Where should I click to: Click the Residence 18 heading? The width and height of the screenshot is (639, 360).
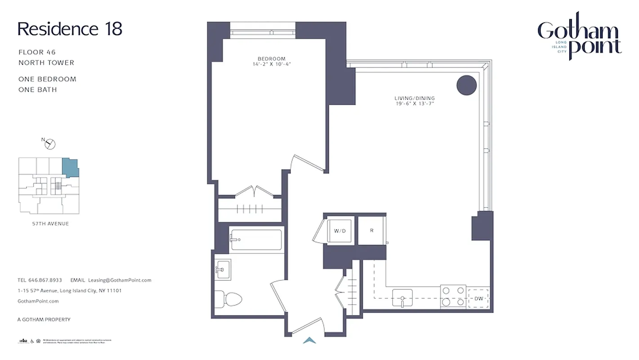(70, 29)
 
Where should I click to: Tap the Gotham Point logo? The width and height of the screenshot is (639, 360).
(579, 36)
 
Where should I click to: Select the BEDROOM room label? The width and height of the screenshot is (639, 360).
(271, 58)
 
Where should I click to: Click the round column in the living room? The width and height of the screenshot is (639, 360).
(466, 85)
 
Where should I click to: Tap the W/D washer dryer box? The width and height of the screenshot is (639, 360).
(340, 231)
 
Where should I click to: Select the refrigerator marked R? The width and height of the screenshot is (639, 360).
(372, 230)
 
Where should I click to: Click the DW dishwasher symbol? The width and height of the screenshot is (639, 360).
(478, 298)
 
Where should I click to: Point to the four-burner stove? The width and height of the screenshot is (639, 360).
(453, 297)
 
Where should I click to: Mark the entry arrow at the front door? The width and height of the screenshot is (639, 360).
(309, 341)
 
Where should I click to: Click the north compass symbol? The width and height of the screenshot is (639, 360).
(50, 144)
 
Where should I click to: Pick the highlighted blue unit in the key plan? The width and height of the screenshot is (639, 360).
(71, 167)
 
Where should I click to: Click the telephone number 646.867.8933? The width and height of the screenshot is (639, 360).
(45, 280)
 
